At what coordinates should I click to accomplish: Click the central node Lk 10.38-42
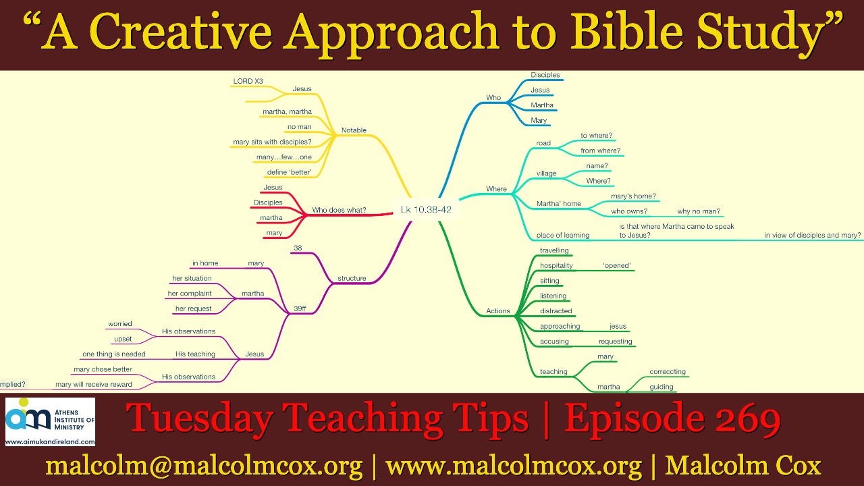click(x=426, y=209)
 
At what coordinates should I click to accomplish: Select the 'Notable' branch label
click(x=354, y=130)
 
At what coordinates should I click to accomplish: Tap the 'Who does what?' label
click(x=339, y=210)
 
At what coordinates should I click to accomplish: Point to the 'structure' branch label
click(x=352, y=278)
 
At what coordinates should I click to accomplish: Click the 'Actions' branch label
click(x=498, y=311)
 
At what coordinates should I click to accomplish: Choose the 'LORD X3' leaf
click(x=248, y=82)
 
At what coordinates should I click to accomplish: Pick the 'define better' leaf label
click(x=290, y=172)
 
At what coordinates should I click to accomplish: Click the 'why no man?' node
click(x=699, y=211)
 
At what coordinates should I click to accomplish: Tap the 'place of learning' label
click(x=563, y=236)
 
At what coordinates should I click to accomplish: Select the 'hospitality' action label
click(x=556, y=266)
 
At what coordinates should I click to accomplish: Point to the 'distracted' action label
click(x=556, y=311)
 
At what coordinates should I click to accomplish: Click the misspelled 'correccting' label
click(x=668, y=372)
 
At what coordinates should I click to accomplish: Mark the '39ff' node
click(x=300, y=308)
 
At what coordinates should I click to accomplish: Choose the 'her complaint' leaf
click(x=190, y=294)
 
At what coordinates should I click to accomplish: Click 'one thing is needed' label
click(x=114, y=354)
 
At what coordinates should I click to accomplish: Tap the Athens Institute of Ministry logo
click(x=50, y=422)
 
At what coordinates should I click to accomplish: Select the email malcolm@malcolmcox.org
click(x=204, y=466)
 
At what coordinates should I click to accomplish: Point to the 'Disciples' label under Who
click(x=545, y=75)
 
